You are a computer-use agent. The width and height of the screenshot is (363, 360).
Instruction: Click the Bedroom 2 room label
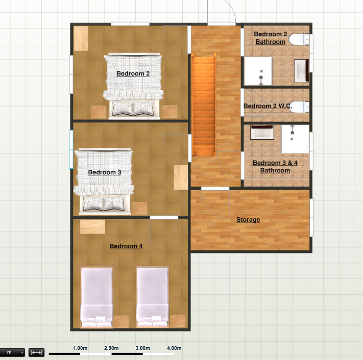click(133, 73)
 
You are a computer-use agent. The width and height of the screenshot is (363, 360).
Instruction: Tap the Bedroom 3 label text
click(105, 172)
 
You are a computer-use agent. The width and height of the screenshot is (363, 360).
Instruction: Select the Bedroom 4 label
click(126, 246)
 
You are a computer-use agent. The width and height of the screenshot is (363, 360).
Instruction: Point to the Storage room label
click(248, 220)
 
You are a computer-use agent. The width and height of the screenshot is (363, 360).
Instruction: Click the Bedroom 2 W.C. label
click(268, 106)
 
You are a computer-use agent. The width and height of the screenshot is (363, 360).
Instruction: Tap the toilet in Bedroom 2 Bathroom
click(299, 39)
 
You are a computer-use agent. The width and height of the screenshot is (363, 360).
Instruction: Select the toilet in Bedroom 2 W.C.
click(299, 107)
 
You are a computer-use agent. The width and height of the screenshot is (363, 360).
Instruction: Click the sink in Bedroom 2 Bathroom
click(301, 71)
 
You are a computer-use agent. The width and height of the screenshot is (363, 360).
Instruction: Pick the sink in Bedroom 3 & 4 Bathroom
click(262, 133)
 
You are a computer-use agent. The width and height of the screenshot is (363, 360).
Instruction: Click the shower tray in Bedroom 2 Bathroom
click(258, 71)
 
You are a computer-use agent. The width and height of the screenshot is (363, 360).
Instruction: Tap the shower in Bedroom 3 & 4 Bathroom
click(295, 139)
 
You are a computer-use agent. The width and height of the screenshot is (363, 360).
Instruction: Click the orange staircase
click(204, 105)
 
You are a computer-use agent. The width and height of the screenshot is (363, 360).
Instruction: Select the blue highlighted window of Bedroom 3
click(71, 149)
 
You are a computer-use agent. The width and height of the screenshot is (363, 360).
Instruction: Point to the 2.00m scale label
click(111, 348)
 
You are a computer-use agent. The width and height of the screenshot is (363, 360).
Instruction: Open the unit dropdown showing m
click(12, 352)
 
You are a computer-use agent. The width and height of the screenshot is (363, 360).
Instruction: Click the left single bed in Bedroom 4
click(96, 297)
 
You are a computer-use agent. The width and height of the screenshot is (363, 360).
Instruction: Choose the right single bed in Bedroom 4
click(152, 297)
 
